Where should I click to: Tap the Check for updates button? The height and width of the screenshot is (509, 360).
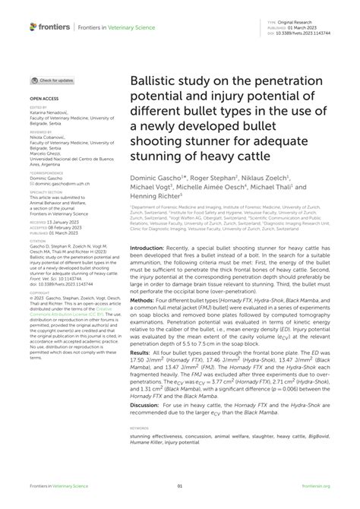(x=52, y=80)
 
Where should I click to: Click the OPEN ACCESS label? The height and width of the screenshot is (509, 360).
(x=43, y=99)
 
